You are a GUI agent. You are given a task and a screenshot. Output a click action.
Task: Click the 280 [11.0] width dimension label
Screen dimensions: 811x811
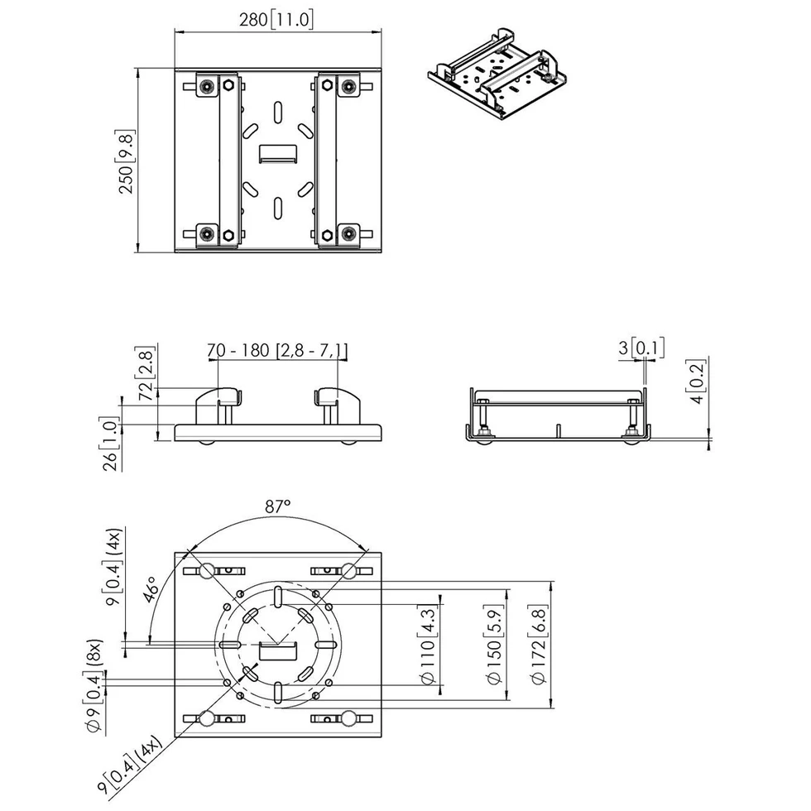[276, 20]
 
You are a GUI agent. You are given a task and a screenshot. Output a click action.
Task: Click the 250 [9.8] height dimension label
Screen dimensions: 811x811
[127, 162]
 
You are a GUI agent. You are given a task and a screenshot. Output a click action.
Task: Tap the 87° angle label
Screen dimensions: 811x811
[278, 506]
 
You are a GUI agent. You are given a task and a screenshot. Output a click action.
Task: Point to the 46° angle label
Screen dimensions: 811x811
[151, 589]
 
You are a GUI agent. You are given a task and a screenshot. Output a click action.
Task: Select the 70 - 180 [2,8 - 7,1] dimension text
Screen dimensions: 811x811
[277, 351]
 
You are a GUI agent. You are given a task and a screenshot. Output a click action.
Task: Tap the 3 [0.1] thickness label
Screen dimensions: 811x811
[641, 348]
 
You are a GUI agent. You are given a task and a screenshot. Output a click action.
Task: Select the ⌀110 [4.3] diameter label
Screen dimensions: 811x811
[428, 645]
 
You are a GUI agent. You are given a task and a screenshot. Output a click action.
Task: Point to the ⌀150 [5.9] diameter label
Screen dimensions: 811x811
[495, 645]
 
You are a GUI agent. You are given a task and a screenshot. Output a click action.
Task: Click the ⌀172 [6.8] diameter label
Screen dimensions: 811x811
[539, 645]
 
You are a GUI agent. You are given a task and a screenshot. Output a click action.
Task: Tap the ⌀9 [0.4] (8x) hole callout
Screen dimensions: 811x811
[93, 686]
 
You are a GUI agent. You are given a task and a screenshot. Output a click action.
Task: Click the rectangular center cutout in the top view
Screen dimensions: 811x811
[278, 154]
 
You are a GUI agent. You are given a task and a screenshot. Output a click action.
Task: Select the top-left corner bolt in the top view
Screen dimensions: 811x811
[207, 86]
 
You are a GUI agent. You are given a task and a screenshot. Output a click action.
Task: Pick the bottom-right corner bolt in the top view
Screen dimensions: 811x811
[349, 233]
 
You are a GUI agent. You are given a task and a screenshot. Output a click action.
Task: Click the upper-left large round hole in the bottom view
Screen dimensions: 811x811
[207, 570]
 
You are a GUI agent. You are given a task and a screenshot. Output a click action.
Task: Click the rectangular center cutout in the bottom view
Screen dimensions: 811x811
[278, 651]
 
